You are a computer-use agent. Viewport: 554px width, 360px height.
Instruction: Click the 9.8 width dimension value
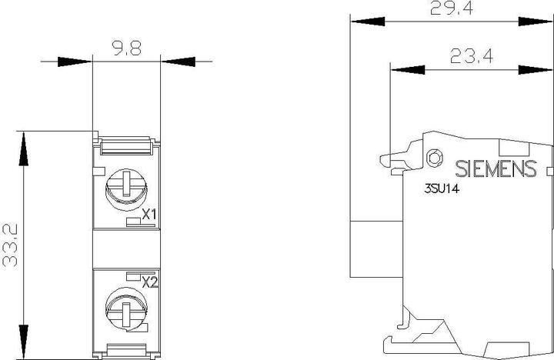pos(127,48)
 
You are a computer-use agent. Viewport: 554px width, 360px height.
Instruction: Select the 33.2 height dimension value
pos(10,245)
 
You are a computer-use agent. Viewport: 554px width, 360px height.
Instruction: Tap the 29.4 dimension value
pos(452,8)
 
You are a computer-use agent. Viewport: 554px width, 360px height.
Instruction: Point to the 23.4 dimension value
pos(472,56)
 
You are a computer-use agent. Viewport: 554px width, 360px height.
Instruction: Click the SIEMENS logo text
pos(496,168)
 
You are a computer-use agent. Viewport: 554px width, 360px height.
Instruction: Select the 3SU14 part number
pos(442,189)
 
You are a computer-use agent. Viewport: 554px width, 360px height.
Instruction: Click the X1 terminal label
pos(149,214)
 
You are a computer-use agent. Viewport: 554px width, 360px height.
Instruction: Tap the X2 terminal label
pos(150,282)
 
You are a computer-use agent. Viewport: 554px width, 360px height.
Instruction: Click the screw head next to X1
pos(126,189)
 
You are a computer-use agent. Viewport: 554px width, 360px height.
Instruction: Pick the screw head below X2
pos(126,308)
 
